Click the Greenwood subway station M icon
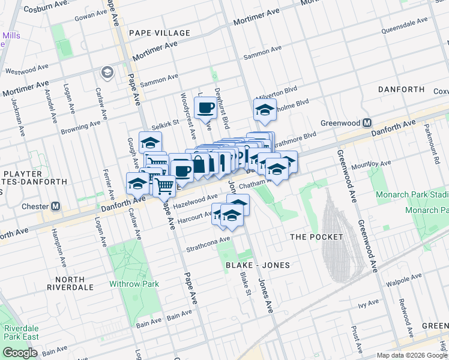point(367,122)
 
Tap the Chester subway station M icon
point(56,206)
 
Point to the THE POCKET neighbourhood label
point(316,237)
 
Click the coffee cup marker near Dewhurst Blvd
point(205,108)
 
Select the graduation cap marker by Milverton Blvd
point(265,109)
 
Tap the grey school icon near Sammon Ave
point(107,73)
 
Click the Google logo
point(20,353)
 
